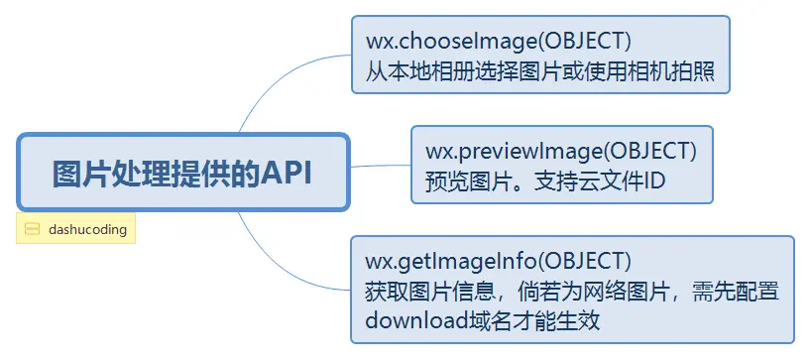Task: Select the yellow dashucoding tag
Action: click(76, 229)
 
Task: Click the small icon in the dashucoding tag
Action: click(32, 229)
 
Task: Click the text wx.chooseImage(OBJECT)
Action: click(499, 43)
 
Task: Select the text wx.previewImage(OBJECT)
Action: click(561, 151)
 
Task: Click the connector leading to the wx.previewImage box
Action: click(381, 166)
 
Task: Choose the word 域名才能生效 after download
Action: click(535, 320)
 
